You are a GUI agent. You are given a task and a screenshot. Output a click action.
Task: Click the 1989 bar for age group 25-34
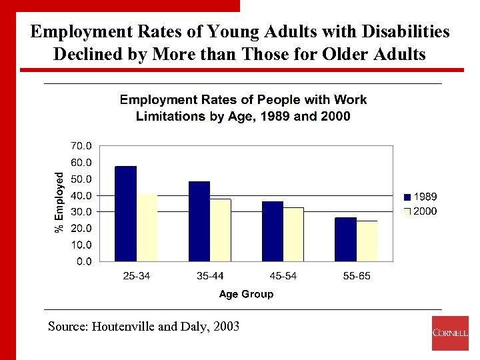[126, 213]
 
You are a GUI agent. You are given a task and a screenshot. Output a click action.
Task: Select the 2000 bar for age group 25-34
[147, 227]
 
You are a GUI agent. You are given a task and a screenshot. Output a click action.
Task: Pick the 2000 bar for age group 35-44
[220, 230]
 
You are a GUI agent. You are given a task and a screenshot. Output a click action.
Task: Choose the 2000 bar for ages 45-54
[293, 234]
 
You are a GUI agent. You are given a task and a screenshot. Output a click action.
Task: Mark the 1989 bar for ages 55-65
[345, 239]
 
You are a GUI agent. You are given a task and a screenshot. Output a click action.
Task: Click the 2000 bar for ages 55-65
[367, 241]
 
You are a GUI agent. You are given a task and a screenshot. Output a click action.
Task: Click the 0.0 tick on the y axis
[84, 261]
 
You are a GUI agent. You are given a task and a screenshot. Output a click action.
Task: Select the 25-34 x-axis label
[137, 276]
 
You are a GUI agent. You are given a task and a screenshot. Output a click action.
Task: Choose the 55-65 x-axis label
[356, 276]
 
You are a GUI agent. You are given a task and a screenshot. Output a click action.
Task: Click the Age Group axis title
[246, 294]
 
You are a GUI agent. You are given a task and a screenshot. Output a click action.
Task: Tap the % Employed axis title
[59, 202]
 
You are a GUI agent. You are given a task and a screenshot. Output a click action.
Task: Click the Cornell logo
[450, 333]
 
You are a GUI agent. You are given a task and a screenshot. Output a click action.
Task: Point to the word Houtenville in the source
[122, 327]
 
